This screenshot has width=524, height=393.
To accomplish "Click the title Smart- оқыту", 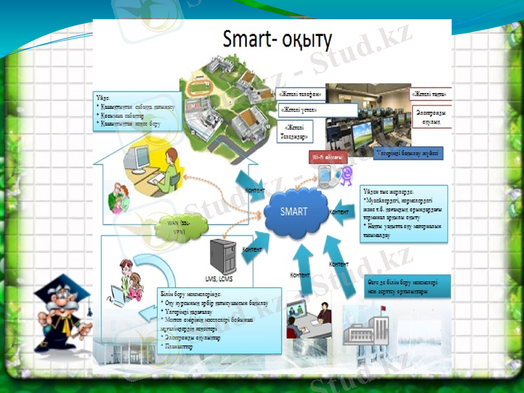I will [x=277, y=40].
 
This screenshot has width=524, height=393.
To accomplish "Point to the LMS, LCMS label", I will [x=219, y=279].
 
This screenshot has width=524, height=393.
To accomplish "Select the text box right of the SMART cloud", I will [x=403, y=214].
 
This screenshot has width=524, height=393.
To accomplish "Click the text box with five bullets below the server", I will [x=219, y=318].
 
